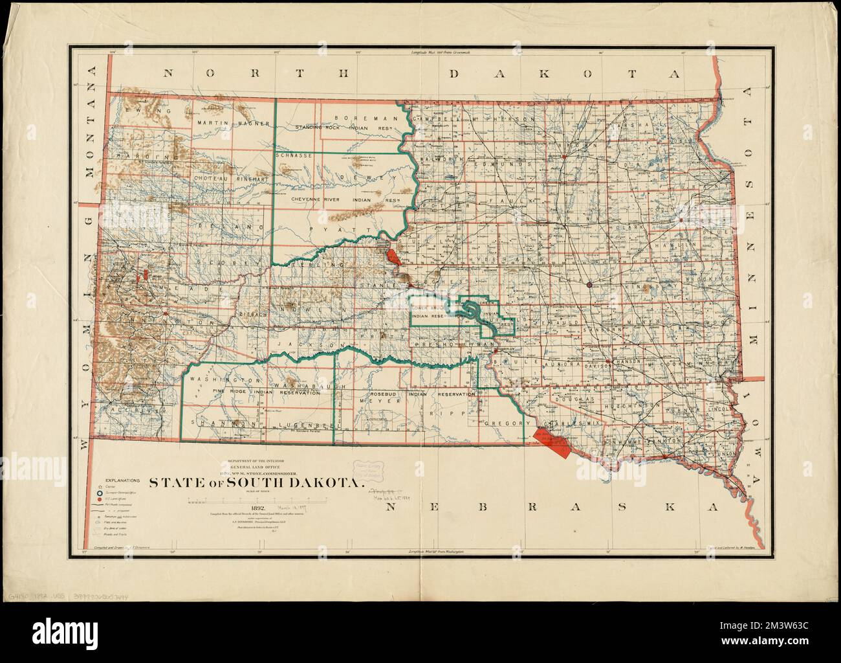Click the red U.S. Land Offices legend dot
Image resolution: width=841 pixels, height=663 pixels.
pos(99,500)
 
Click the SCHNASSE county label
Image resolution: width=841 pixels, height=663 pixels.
pos(294,156)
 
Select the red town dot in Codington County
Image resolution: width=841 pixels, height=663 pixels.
pos(681,221)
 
